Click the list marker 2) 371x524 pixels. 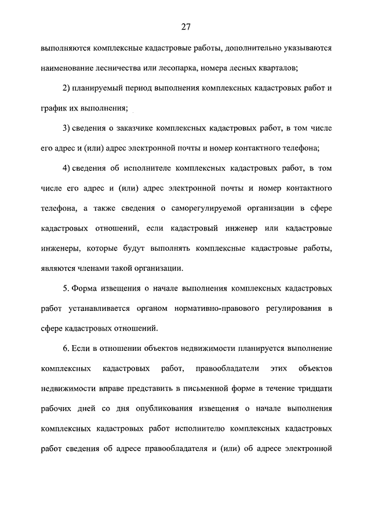click(x=66, y=87)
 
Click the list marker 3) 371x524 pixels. click(x=66, y=127)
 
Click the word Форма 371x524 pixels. click(x=84, y=288)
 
